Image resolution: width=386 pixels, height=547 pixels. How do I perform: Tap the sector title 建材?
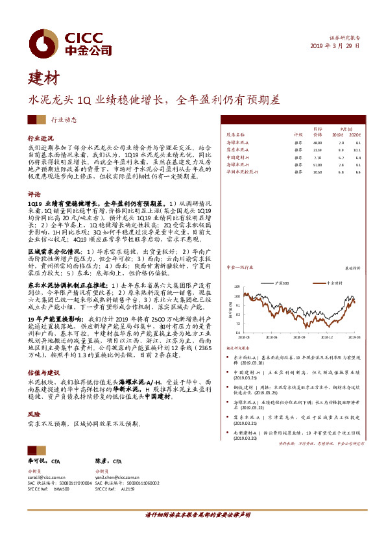pyautogui.click(x=42, y=79)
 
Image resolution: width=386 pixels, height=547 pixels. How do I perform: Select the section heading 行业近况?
pyautogui.click(x=40, y=138)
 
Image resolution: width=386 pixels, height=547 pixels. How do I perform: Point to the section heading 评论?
pyautogui.click(x=34, y=194)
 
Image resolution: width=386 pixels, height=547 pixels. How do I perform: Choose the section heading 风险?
pyautogui.click(x=34, y=413)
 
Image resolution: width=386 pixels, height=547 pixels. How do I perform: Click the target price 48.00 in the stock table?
pyautogui.click(x=317, y=142)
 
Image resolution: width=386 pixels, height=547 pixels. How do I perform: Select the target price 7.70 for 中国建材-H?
pyautogui.click(x=317, y=157)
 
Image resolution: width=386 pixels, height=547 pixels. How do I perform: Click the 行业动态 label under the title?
pyautogui.click(x=64, y=120)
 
